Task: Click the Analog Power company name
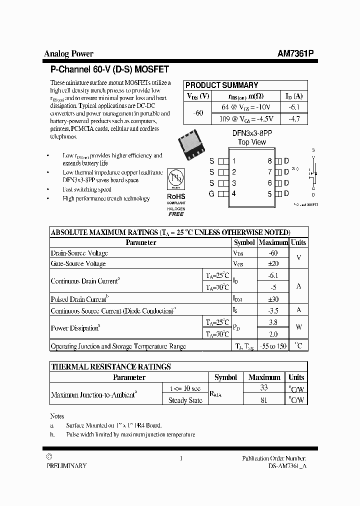(68, 54)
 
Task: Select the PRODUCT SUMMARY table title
(221, 85)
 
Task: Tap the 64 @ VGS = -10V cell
(246, 107)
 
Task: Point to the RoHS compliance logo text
(176, 197)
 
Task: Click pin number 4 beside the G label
(233, 194)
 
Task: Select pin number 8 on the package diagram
(269, 161)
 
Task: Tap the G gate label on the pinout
(211, 194)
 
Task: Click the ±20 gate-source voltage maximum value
(272, 263)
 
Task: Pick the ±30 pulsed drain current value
(272, 299)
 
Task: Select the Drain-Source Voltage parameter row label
(79, 253)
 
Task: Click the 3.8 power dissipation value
(272, 322)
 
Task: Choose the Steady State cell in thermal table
(185, 400)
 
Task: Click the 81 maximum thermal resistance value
(264, 400)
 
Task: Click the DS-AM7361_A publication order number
(287, 465)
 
